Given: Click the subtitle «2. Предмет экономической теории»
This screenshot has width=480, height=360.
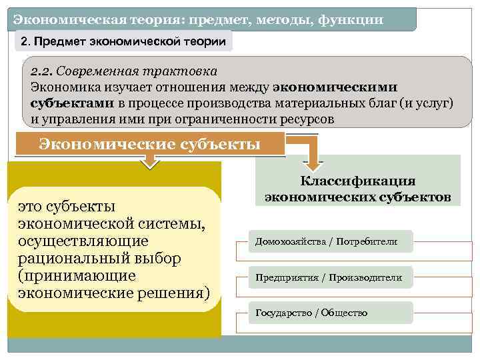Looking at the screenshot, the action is pos(125,42).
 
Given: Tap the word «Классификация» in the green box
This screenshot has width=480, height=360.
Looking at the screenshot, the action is pos(358,181).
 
